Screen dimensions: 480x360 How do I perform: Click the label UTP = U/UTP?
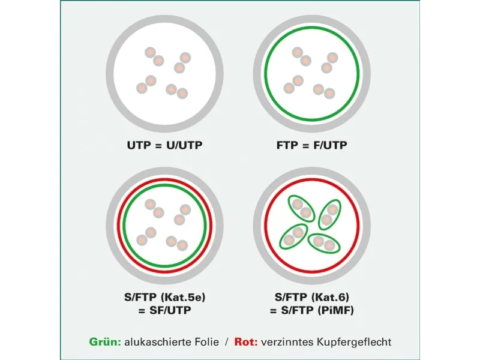164,145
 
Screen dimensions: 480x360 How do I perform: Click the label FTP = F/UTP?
312,145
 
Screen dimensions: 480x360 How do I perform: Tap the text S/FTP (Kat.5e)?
164,297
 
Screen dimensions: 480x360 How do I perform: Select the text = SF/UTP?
164,310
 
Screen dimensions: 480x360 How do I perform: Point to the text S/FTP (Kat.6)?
312,297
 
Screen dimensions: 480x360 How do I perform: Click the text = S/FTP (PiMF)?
312,310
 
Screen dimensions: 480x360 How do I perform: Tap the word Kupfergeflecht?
354,342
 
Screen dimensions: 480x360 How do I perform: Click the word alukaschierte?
157,341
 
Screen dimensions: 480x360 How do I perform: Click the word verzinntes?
287,341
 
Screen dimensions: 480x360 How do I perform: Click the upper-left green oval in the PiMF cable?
301,208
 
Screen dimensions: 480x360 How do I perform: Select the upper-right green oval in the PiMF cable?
329,215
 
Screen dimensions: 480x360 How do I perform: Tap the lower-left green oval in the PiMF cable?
293,236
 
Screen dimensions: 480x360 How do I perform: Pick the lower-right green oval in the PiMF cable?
324,243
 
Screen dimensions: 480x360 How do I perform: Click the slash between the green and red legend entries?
227,342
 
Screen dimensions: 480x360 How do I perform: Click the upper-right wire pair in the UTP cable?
182,62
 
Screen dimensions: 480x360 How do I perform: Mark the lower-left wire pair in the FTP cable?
293,85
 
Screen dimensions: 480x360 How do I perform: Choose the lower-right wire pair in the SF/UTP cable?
176,243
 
